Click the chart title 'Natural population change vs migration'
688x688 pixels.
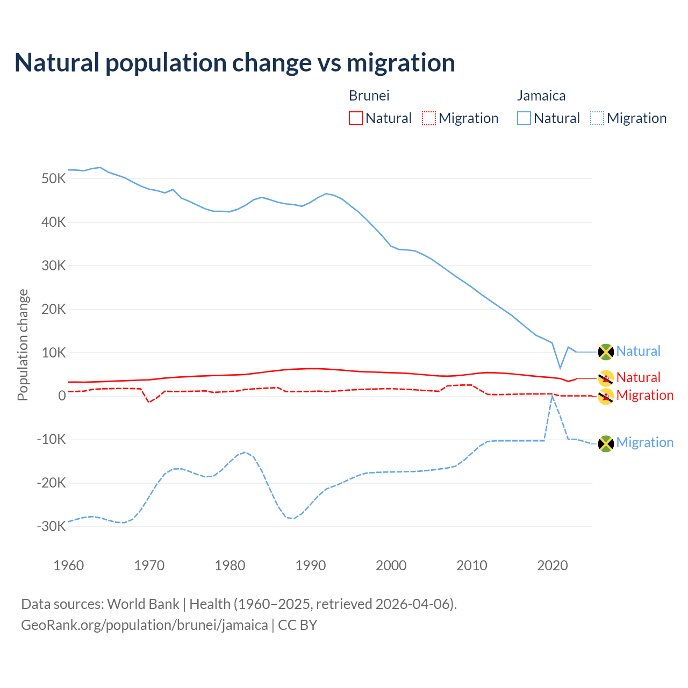click(235, 62)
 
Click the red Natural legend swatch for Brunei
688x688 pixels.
click(356, 118)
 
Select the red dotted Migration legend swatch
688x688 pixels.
click(429, 118)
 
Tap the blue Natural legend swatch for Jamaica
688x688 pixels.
click(524, 118)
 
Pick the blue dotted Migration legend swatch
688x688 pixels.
click(597, 118)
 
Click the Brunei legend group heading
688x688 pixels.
click(369, 96)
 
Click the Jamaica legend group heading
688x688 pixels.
click(541, 96)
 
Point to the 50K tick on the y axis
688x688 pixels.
click(53, 178)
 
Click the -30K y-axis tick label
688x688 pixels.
click(51, 526)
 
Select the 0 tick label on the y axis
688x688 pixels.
click(62, 396)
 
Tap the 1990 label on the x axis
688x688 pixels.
click(311, 565)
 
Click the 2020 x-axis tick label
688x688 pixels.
click(553, 565)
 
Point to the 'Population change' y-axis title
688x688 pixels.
click(23, 345)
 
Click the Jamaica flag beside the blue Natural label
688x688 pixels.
click(606, 352)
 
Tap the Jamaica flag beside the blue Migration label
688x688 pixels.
click(606, 443)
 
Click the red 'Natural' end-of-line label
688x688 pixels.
click(638, 377)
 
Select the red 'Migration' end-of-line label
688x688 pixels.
click(644, 395)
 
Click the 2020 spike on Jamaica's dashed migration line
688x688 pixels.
click(552, 396)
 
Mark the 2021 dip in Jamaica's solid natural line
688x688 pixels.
click(560, 368)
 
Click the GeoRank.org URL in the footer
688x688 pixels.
click(144, 625)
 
